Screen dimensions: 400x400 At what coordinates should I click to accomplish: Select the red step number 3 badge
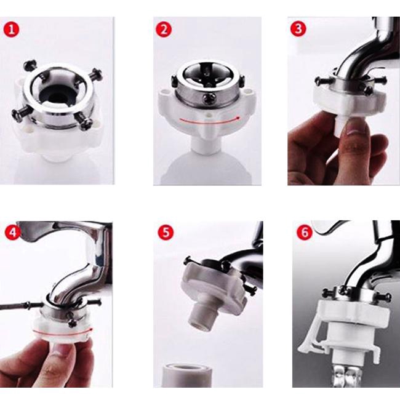pos(298,29)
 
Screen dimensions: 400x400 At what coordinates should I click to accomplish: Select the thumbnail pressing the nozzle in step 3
pos(355,128)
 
